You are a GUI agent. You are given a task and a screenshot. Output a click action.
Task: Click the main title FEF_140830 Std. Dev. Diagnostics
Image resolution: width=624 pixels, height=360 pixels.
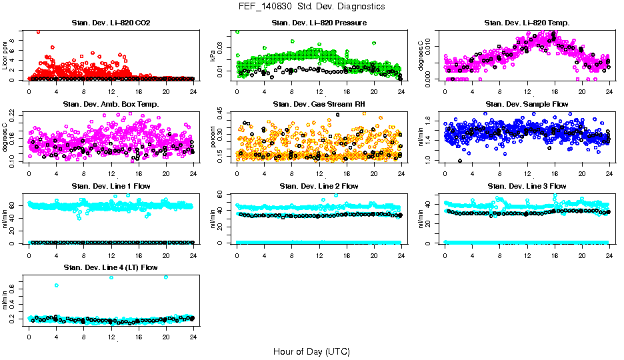[311, 6]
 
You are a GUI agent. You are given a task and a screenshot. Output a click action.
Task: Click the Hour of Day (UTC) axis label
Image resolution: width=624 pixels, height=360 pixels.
[311, 351]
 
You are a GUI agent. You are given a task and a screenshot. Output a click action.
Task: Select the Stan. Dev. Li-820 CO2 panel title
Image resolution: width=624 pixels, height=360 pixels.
[111, 23]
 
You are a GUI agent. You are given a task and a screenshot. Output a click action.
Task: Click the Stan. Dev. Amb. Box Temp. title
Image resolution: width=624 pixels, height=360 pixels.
[111, 105]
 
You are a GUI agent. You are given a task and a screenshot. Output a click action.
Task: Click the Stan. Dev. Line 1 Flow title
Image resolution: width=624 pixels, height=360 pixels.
[111, 186]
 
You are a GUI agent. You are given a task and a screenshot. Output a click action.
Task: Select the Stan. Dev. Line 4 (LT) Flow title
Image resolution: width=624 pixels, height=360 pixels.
[111, 267]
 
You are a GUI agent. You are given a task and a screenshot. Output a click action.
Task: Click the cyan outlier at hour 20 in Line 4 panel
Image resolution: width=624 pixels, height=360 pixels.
[165, 277]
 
